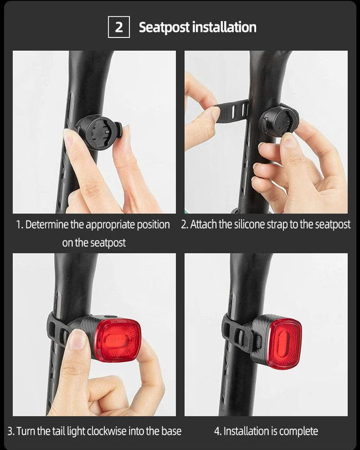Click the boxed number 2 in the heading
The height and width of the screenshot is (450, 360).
coord(119,27)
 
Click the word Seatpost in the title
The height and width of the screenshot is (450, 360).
coord(164,27)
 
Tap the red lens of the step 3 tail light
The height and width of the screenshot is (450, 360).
coord(118,340)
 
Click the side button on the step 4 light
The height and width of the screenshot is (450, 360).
coord(258,341)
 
